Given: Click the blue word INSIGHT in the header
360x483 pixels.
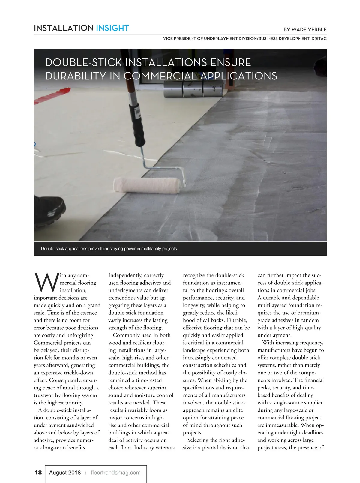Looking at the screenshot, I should click(112, 28).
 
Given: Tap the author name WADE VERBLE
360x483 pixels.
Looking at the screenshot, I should click(309, 29).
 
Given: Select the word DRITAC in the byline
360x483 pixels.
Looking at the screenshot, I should click(319, 38).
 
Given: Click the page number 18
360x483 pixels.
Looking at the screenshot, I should click(38, 472).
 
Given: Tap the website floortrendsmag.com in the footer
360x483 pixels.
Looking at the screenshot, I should click(115, 472).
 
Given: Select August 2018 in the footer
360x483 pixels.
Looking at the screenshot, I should click(65, 472).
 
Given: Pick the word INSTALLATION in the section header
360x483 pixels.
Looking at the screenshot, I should click(64, 28).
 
